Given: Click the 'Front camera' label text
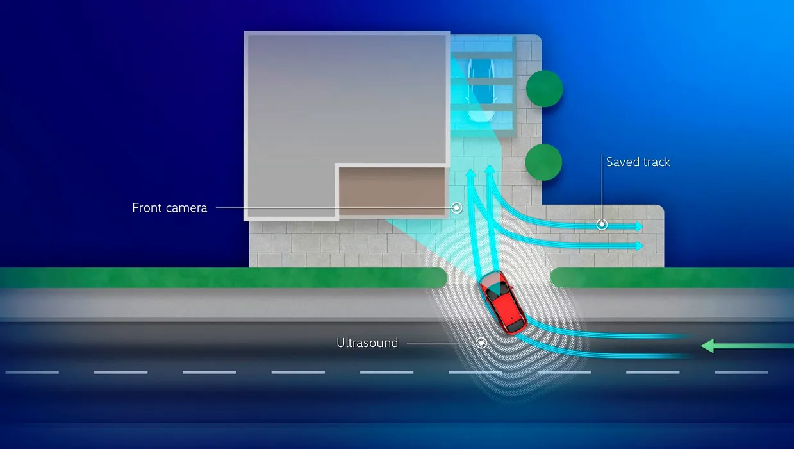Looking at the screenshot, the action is coord(169,208).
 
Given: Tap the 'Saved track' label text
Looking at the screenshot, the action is coord(638,162).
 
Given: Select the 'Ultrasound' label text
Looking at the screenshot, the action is coord(367,343).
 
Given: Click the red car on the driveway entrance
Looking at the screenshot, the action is coord(501,303).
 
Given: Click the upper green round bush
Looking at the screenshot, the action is coord(544,89).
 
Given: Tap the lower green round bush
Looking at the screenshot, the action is coord(543,162).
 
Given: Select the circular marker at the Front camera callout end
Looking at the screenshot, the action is coord(457,208).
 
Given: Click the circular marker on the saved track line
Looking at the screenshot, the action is coord(602,224).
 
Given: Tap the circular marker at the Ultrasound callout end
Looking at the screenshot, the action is coord(481,343).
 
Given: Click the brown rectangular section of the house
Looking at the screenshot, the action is coord(392,191).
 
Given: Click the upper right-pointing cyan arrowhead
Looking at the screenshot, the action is coord(639,226).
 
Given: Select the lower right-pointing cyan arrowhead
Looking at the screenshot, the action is coord(639,246).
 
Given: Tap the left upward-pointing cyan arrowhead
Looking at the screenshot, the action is coord(470,173).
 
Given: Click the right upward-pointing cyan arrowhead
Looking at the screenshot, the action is coord(490,169).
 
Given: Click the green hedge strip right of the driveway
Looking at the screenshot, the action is coord(672,278).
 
